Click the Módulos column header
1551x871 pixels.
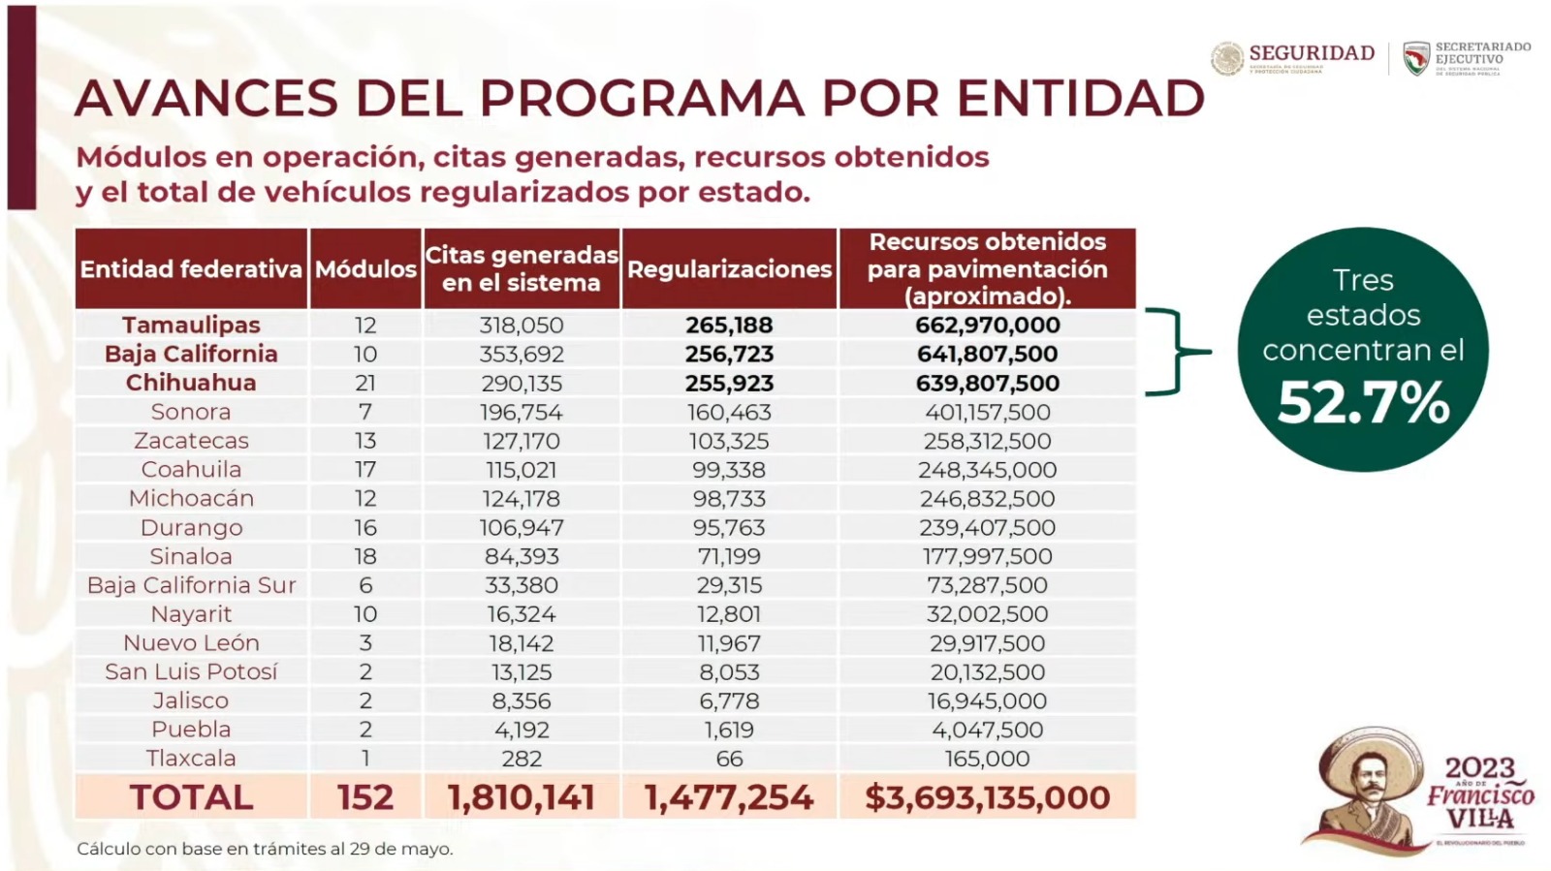coord(365,269)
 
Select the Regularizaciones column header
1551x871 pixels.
coord(729,269)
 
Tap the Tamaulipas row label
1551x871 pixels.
coord(191,325)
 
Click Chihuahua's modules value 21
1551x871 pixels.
coord(365,383)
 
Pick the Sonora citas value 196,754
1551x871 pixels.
coord(522,412)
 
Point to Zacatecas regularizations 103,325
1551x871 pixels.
coord(729,441)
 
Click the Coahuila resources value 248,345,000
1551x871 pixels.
coord(987,470)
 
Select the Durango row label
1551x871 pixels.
coord(191,527)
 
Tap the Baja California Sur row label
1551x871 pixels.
coord(191,585)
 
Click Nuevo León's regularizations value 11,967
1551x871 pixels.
coord(729,643)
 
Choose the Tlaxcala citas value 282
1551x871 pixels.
coord(522,759)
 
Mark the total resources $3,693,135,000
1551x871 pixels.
coord(987,797)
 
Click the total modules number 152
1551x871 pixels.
coord(365,797)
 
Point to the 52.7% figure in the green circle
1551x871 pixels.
coord(1363,403)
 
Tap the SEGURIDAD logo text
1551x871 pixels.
coord(1311,53)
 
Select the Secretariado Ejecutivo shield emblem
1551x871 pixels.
coord(1416,58)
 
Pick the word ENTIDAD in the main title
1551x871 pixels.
coord(1081,98)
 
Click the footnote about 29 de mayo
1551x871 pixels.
coord(265,849)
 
